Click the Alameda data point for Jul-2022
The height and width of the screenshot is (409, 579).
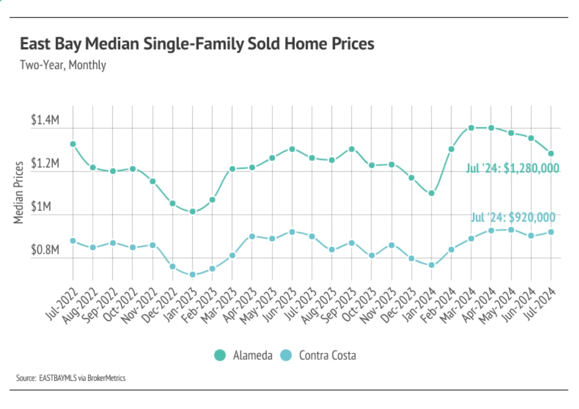point(73,144)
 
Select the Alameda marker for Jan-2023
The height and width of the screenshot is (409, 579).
point(192,211)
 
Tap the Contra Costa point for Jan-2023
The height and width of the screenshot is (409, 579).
point(192,274)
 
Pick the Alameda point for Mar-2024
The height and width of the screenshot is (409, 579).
point(471,128)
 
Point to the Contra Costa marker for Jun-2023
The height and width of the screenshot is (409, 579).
point(292,232)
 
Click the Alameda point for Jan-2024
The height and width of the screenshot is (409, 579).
point(432,193)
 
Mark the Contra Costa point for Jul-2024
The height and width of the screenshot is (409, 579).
point(551,232)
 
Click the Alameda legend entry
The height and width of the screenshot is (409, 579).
point(243,355)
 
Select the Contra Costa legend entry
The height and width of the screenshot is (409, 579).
point(320,355)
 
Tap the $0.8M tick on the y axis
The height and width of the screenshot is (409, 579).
point(45,250)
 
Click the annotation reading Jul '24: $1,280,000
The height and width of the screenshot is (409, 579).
point(512,169)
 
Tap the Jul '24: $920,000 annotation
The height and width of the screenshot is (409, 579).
point(513,217)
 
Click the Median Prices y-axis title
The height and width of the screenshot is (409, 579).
point(19,192)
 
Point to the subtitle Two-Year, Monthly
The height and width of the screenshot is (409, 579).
point(62,65)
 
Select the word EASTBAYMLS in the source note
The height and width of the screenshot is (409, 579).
point(57,378)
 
